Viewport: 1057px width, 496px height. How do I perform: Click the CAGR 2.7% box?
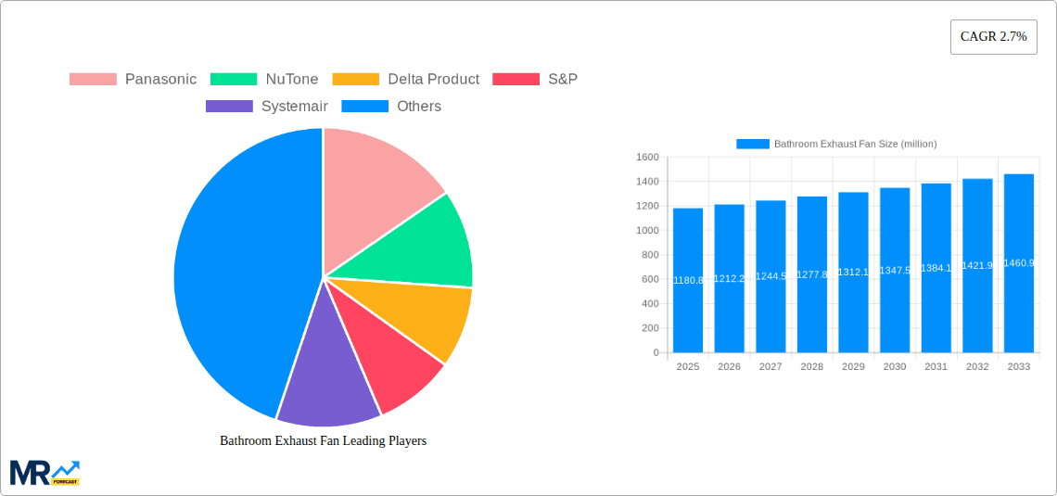tap(993, 37)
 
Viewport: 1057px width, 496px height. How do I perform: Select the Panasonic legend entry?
tap(134, 80)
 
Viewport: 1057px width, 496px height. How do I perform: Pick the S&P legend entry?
tap(535, 80)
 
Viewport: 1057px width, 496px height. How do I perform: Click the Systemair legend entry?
tap(267, 107)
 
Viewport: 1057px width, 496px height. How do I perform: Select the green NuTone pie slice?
tap(431, 245)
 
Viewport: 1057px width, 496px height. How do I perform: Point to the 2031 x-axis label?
tap(936, 367)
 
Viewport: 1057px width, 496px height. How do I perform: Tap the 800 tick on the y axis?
tap(649, 255)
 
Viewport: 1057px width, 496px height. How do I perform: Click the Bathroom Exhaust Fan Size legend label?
tap(855, 144)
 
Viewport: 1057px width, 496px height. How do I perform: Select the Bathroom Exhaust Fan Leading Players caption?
tap(323, 441)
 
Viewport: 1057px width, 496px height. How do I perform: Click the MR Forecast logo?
tap(45, 472)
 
